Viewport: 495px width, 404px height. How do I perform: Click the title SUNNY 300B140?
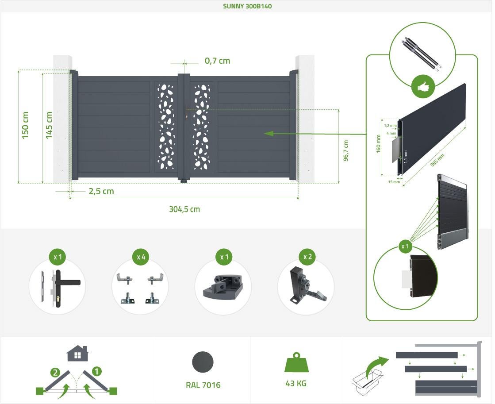click(247, 6)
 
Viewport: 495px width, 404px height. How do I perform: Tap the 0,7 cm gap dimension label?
click(218, 61)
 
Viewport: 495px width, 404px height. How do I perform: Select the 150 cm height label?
click(25, 125)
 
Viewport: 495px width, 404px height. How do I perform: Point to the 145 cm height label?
click(49, 125)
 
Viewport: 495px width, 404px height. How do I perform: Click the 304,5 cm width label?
click(184, 209)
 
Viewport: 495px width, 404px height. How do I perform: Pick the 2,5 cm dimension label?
click(101, 191)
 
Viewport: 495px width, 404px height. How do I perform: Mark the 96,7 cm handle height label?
click(345, 151)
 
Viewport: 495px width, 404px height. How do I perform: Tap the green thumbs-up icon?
click(423, 87)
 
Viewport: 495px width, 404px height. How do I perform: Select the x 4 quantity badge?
click(141, 257)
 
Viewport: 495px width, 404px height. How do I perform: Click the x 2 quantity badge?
click(307, 257)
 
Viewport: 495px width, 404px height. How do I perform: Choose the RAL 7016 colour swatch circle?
click(203, 362)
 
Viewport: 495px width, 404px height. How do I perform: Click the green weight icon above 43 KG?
click(296, 362)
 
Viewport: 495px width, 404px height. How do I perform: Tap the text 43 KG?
click(296, 384)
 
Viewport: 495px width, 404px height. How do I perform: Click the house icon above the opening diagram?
click(78, 353)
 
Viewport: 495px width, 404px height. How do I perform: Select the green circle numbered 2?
click(55, 373)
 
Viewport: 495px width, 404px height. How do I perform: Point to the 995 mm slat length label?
click(437, 161)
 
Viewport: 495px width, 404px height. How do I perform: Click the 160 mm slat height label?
click(378, 144)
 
